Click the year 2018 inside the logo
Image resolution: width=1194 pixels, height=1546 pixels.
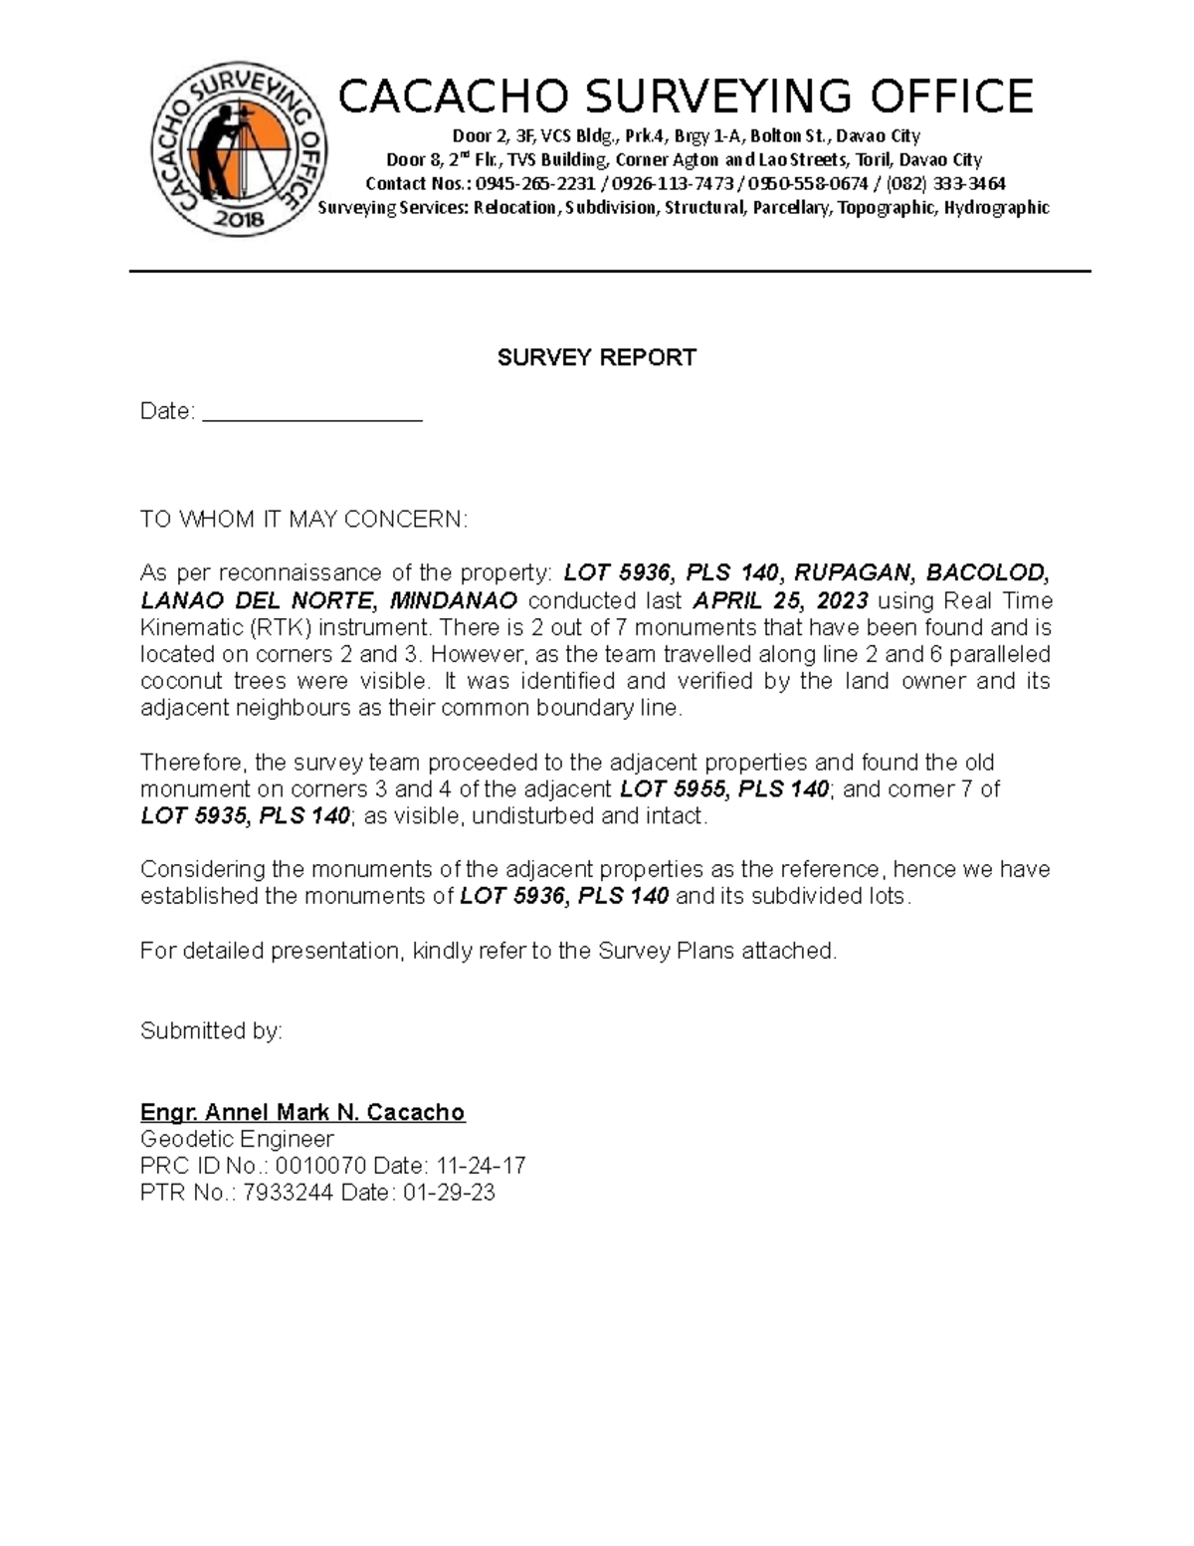[240, 220]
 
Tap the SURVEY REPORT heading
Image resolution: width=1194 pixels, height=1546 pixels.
[596, 357]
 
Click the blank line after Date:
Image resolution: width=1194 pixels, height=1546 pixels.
[312, 412]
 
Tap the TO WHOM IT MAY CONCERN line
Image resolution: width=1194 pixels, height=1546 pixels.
[303, 520]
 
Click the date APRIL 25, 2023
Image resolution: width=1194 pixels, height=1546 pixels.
[780, 600]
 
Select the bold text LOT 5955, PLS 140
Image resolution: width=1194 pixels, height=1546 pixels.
[724, 789]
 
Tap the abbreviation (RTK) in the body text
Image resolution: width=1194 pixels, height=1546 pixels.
[281, 628]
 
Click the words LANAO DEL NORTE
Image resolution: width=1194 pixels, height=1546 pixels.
[258, 600]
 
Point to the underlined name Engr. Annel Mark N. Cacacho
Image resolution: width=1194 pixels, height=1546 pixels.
[302, 1112]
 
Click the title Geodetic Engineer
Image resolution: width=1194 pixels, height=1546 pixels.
[237, 1139]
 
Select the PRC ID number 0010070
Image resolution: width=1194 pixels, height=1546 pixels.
[320, 1166]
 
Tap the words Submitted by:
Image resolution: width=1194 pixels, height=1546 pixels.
[211, 1031]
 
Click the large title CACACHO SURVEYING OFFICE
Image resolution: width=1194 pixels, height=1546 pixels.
[686, 98]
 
